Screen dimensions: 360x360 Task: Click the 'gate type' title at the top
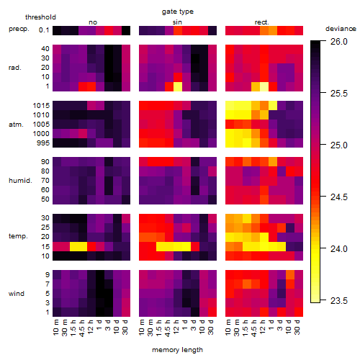pos(178,12)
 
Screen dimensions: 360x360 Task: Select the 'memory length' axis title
pos(177,350)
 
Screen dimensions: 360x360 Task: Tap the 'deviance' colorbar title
pos(341,29)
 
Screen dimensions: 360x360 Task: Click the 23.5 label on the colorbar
pos(339,301)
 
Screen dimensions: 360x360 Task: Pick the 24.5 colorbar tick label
pos(339,197)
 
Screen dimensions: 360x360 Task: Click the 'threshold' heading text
pos(40,17)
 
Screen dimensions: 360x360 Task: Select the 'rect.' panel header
pos(262,22)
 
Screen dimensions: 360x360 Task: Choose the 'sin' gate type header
pos(177,22)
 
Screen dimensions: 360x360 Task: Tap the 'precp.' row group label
pos(19,30)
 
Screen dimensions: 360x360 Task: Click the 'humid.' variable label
pos(20,181)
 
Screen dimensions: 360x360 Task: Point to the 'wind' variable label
pos(17,294)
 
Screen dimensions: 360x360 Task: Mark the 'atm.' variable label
pos(16,125)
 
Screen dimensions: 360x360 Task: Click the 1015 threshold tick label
pos(41,106)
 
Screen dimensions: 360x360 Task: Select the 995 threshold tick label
pos(43,143)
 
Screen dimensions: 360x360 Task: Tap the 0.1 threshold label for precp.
pos(44,30)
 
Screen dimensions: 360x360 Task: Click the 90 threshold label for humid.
pos(45,162)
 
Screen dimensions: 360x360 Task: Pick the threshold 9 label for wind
pos(48,275)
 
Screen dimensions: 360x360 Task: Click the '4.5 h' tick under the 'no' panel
pos(82,328)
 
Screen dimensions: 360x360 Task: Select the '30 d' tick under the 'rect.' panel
pos(297,327)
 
